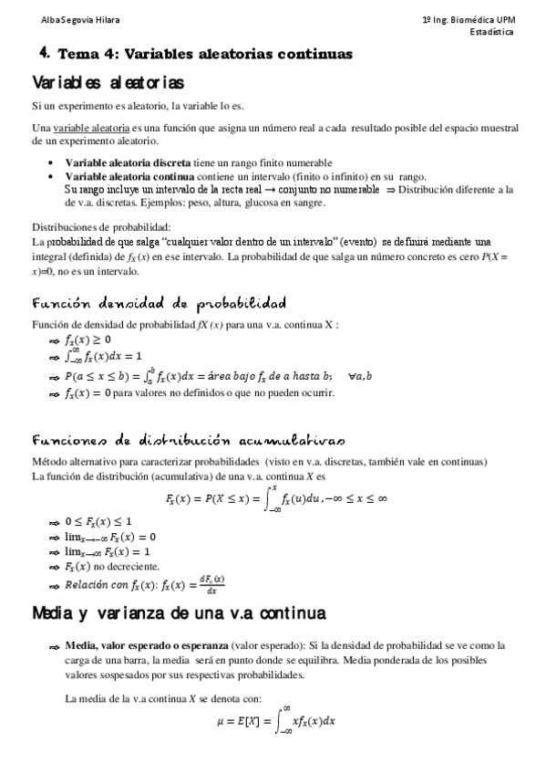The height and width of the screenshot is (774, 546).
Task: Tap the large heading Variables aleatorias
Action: pos(107,83)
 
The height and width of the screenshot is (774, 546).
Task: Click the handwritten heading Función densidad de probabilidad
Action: pos(159,303)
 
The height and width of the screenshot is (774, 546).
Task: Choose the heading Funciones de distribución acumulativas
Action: pos(189,440)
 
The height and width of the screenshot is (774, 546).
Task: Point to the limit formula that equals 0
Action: pos(110,537)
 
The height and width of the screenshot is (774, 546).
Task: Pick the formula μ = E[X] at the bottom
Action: pos(273,721)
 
